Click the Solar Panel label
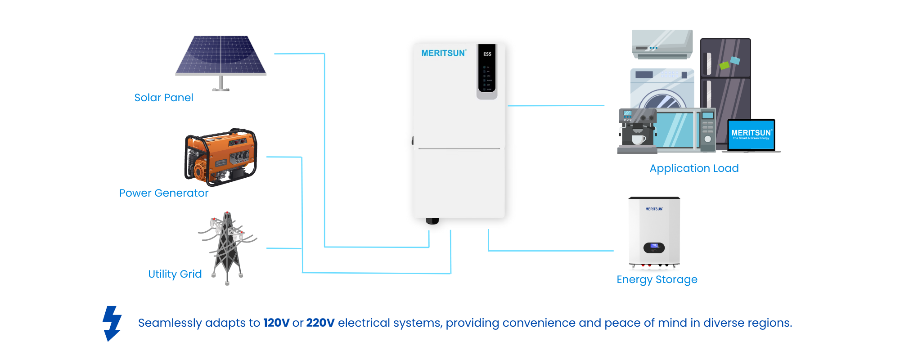click(x=163, y=98)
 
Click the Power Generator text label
click(x=163, y=193)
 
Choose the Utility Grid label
click(x=175, y=274)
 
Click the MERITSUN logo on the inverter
click(x=443, y=53)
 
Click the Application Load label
click(x=694, y=168)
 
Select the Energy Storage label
click(x=657, y=279)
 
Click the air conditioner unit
click(x=662, y=44)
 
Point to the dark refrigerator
click(x=725, y=81)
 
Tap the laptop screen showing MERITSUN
click(x=751, y=134)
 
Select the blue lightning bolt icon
click(x=112, y=323)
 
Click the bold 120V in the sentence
click(x=276, y=323)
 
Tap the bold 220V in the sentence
click(x=320, y=323)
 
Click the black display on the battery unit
click(x=654, y=247)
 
